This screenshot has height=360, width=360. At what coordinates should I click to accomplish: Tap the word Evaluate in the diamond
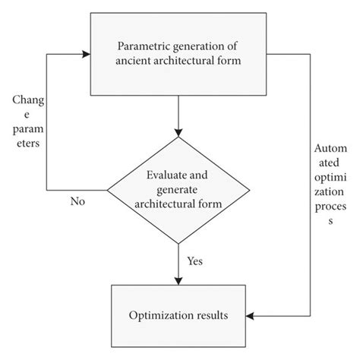coord(166,176)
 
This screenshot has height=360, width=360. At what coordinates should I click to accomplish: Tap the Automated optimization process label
coord(330,185)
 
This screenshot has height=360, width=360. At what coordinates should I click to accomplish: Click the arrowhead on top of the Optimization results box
coord(178,279)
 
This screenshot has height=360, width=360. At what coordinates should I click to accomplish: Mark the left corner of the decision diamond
coord(107,189)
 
